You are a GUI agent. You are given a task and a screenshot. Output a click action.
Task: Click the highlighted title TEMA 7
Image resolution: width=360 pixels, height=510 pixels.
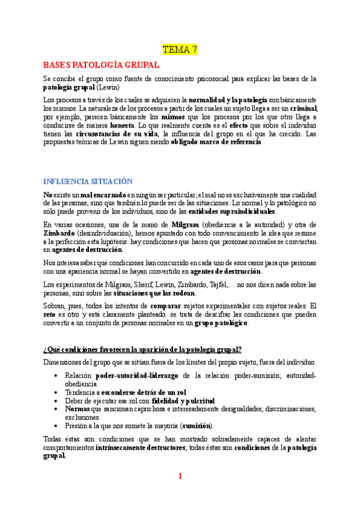coord(180,49)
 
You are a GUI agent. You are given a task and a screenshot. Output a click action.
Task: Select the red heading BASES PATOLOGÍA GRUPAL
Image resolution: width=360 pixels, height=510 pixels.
coord(101,65)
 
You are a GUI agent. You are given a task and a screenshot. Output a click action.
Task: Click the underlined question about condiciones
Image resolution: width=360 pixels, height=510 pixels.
coord(142,349)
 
